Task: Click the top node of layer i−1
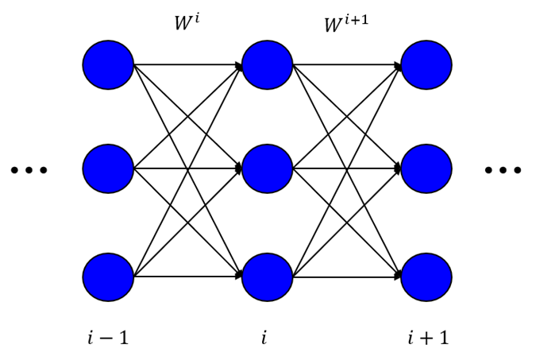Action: (108, 65)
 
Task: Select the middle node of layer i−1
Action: (108, 168)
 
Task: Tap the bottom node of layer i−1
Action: (108, 277)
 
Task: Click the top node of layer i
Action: (268, 65)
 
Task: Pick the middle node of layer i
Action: (268, 168)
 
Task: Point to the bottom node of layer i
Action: (268, 277)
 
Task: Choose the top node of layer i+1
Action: (426, 65)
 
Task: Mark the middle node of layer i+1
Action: (426, 168)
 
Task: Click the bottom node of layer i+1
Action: (426, 277)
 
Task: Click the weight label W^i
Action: (187, 22)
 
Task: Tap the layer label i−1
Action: (108, 338)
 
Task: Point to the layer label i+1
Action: (428, 338)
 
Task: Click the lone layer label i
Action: (264, 338)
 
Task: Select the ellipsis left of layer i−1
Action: (29, 169)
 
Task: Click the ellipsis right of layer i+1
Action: (503, 169)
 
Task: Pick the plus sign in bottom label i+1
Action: (426, 339)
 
